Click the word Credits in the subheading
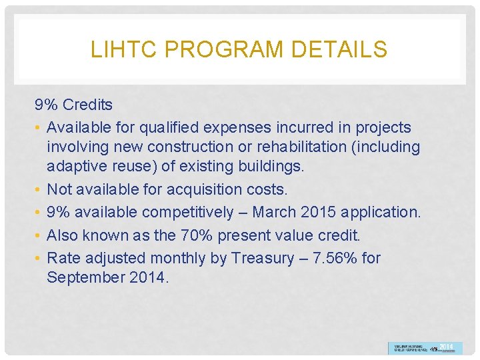click(87, 105)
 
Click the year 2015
click(319, 213)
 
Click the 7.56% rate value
click(335, 258)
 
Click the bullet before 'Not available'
click(39, 190)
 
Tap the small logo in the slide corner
click(424, 348)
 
